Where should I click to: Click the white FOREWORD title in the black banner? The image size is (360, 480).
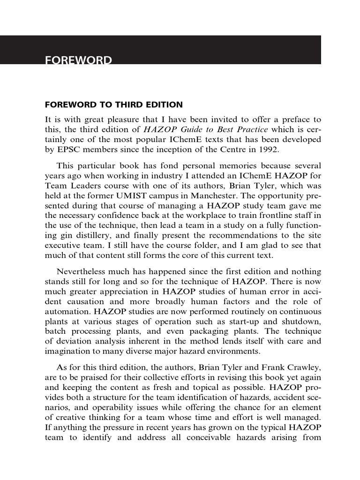point(78,60)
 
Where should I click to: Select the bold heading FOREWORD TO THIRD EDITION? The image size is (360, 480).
point(113,105)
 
